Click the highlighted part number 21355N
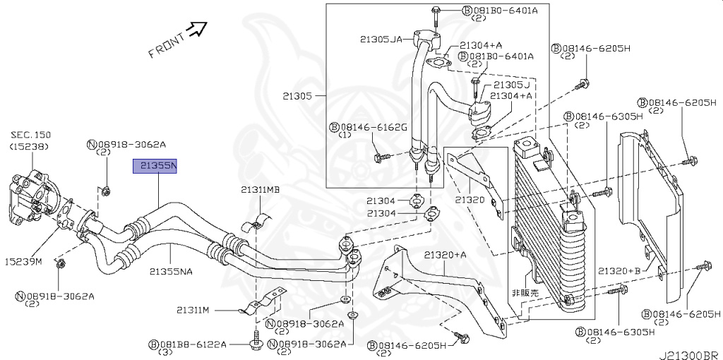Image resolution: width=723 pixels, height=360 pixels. point(156,167)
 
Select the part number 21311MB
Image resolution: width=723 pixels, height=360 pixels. point(260,190)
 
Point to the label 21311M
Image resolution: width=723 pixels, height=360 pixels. point(193,309)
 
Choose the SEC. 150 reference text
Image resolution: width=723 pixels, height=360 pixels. point(32,135)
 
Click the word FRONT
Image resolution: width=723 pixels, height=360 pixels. point(167,44)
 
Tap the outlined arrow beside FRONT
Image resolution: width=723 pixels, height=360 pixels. point(198,28)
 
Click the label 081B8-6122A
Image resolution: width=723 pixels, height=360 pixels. point(193,344)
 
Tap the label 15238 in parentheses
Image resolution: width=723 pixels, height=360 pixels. point(31,146)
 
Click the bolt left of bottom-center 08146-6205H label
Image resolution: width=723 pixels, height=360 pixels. point(462,340)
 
